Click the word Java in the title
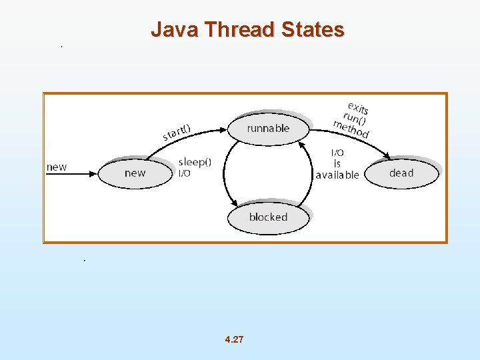[175, 30]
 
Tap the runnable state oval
[269, 129]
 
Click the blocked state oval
[268, 217]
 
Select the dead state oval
[401, 173]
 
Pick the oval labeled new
[135, 173]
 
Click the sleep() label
[195, 162]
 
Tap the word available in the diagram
[337, 175]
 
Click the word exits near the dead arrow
[358, 107]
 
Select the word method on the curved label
[351, 129]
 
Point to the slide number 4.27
[235, 339]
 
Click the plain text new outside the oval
[57, 167]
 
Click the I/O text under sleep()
[185, 173]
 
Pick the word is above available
[337, 164]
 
